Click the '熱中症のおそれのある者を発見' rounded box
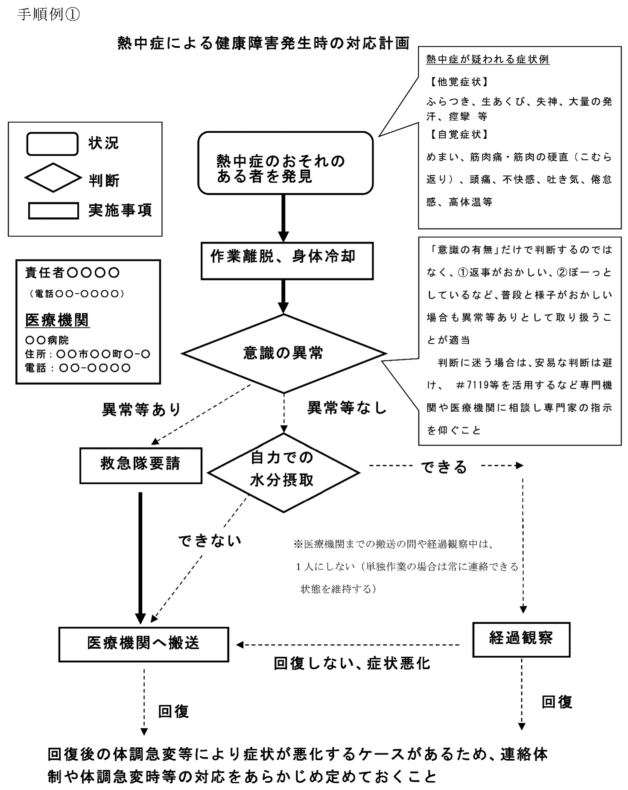[x=285, y=163]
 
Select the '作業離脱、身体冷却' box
[x=287, y=260]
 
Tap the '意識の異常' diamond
[x=284, y=353]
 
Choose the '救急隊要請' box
[x=140, y=465]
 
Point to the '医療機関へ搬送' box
[x=143, y=644]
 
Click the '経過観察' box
[x=521, y=639]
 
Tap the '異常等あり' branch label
[x=142, y=410]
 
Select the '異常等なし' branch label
[x=347, y=408]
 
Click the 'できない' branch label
[x=210, y=541]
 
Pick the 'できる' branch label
[x=444, y=467]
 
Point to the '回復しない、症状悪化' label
[x=352, y=663]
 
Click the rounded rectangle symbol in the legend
[x=53, y=144]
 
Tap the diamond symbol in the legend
[x=53, y=178]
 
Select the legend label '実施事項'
[x=120, y=211]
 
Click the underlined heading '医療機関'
[x=57, y=320]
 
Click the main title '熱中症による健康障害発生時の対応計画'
[x=263, y=44]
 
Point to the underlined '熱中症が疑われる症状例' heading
[x=488, y=59]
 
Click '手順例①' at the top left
[x=48, y=15]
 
